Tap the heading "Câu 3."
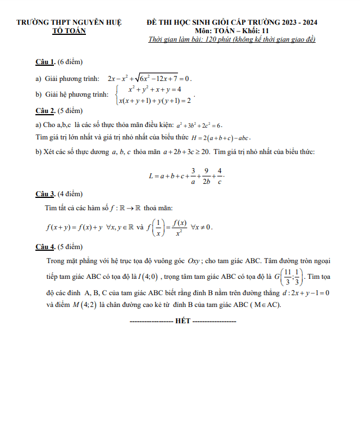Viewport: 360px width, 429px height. pos(45,194)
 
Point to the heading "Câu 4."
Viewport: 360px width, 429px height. pos(45,246)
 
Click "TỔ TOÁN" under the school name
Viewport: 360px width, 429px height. pos(69,31)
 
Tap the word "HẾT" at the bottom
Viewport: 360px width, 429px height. pos(183,321)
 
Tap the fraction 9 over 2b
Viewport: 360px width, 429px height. pos(206,175)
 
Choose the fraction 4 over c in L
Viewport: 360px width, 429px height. pos(220,175)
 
